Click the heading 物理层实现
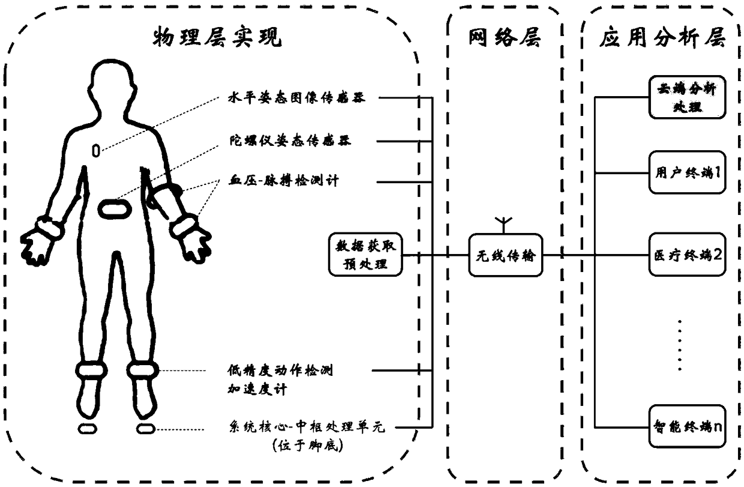click(217, 38)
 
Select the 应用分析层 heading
click(662, 38)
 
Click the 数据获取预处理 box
click(365, 255)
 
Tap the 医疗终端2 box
click(687, 254)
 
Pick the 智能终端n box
click(687, 427)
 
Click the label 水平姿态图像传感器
click(297, 97)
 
